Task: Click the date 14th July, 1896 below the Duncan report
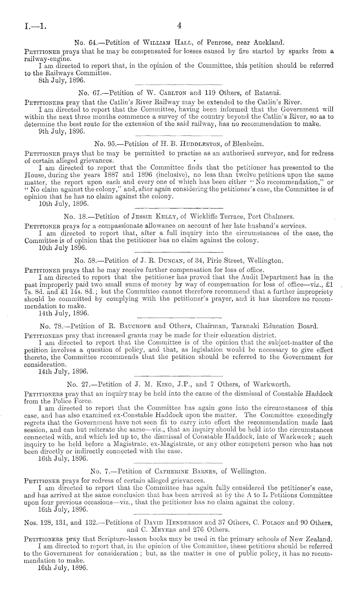tap(63, 313)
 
